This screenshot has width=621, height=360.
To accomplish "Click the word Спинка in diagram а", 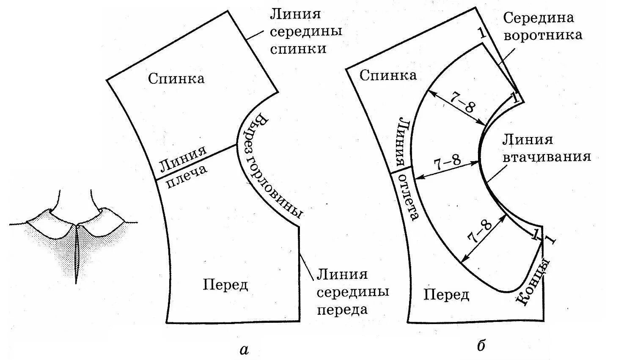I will [176, 78].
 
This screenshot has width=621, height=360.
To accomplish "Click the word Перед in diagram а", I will [225, 285].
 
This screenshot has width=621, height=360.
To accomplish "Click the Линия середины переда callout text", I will [353, 292].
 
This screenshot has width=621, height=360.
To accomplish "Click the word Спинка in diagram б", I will [388, 75].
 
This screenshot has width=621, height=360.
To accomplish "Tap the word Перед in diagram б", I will [446, 295].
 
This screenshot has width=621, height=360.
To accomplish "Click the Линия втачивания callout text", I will [546, 148].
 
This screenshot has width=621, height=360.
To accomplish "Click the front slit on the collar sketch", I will [77, 254].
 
